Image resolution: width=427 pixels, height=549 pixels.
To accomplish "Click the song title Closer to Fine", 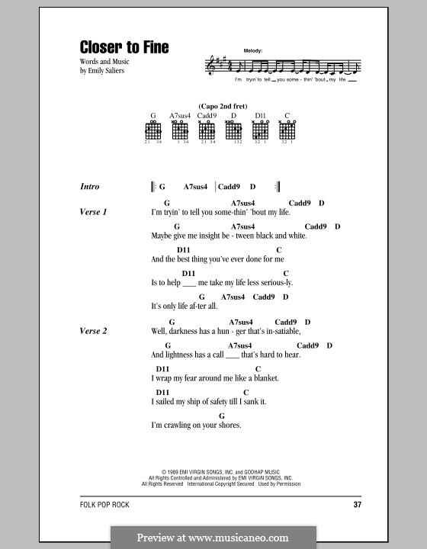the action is (124, 47).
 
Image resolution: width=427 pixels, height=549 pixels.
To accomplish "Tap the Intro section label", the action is (89, 187).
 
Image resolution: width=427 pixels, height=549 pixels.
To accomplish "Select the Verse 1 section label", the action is (93, 211).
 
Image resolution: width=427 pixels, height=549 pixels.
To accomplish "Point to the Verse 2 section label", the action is (93, 331).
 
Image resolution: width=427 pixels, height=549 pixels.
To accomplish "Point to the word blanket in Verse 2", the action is (262, 378).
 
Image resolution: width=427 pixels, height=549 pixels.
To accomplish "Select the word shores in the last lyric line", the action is (228, 425).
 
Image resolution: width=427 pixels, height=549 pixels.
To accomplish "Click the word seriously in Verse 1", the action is (274, 282).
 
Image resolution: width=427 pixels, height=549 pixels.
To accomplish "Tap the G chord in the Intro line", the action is (162, 187).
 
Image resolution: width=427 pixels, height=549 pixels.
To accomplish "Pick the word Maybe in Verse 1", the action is (162, 236).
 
